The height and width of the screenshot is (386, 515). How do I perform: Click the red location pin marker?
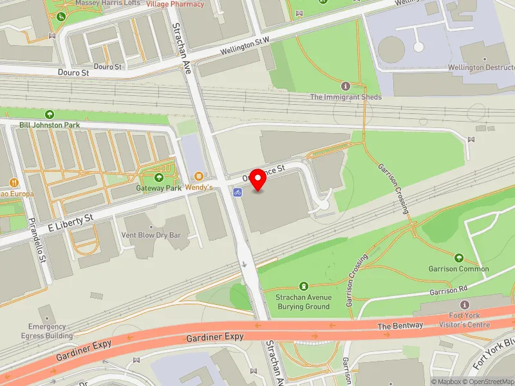pos(258,179)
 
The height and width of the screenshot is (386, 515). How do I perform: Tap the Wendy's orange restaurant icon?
pos(199,176)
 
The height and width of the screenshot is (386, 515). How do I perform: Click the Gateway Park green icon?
pos(159,178)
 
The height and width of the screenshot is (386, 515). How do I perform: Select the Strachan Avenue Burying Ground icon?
pos(304,286)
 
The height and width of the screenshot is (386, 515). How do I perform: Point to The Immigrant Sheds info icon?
pos(346,86)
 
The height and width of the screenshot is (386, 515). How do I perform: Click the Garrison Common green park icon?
pos(459,257)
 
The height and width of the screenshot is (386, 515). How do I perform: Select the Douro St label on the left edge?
pos(73,73)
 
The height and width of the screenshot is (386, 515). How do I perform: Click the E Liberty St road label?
pos(70,223)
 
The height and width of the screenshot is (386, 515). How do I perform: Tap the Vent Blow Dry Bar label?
pos(151,236)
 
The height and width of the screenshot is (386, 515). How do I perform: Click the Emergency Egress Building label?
pos(51,331)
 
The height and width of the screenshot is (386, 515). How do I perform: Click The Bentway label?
pos(400,326)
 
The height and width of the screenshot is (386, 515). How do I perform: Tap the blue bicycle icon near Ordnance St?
pos(237,191)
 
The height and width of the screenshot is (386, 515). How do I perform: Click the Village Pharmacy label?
pos(175,4)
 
